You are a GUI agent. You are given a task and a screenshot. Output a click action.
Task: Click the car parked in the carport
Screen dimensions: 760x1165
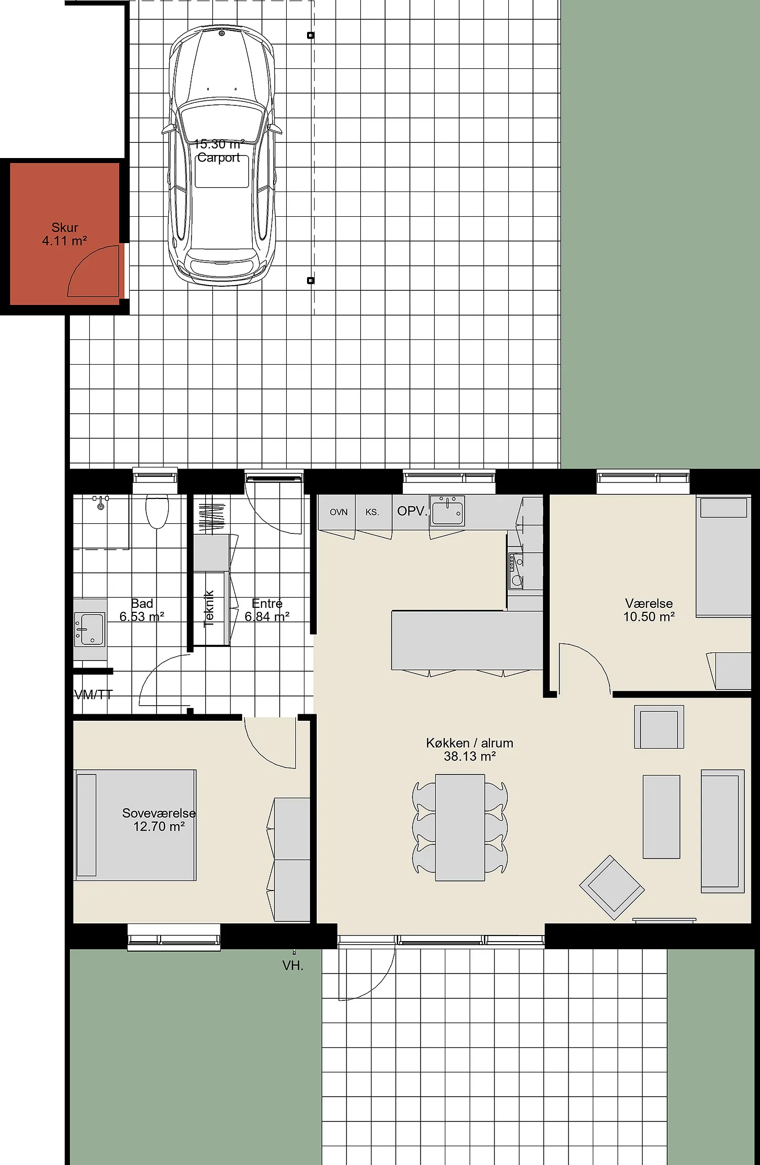click(222, 156)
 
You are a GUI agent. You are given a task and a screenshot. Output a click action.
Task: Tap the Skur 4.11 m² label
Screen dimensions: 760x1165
click(65, 234)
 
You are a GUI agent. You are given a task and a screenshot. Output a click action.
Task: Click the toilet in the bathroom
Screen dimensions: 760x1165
click(157, 511)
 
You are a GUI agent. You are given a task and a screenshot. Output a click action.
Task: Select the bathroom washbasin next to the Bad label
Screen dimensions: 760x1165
click(90, 630)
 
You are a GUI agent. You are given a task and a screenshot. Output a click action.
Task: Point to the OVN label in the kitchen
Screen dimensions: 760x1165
click(338, 512)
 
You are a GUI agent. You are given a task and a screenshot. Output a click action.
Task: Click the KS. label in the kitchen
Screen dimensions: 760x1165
click(372, 512)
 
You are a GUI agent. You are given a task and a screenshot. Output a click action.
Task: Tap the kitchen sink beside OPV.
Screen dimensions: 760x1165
click(447, 510)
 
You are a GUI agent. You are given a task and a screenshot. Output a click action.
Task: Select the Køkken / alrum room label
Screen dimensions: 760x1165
click(470, 750)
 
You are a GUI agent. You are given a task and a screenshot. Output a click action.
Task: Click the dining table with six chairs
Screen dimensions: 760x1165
click(460, 827)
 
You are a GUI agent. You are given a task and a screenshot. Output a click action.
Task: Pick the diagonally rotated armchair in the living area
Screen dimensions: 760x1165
click(612, 887)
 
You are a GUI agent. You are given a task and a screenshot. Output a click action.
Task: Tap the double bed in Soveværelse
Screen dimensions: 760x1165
click(135, 825)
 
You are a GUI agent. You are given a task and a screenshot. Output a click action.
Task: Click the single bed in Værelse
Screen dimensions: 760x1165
click(724, 556)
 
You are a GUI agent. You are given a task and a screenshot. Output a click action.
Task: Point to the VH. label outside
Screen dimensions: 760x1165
click(293, 966)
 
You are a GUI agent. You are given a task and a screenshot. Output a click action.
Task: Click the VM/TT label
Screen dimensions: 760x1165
click(93, 694)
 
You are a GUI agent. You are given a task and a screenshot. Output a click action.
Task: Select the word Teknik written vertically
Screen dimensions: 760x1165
click(209, 609)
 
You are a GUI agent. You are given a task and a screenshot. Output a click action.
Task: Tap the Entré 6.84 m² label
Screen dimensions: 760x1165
click(267, 610)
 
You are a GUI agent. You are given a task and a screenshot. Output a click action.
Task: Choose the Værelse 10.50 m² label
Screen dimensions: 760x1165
click(649, 610)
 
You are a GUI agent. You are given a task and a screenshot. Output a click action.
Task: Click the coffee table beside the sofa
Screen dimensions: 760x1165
click(661, 817)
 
